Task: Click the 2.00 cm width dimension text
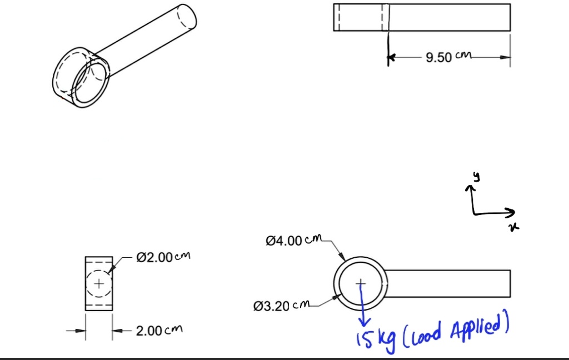tap(158, 331)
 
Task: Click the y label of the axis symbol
tap(476, 177)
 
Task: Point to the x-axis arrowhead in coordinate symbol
tap(511, 212)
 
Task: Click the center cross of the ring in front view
tap(361, 283)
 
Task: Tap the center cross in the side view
tap(99, 283)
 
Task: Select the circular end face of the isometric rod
tap(187, 18)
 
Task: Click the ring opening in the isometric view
tap(92, 83)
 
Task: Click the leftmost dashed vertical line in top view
tap(338, 17)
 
